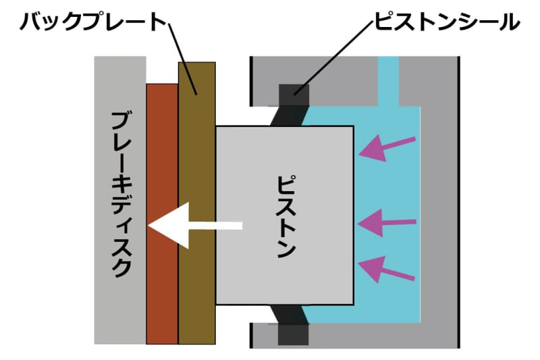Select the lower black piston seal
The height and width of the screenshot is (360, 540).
292,324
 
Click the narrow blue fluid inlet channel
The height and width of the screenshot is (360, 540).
388,81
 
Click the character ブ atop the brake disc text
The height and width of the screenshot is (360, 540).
122,124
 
